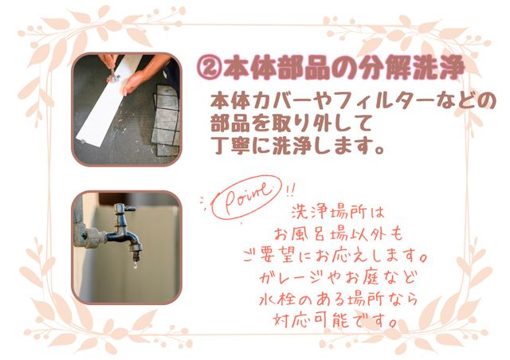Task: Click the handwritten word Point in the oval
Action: click(246, 197)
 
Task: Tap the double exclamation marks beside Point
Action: click(290, 190)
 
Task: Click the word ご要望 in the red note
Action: click(270, 256)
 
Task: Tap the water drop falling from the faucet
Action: click(135, 266)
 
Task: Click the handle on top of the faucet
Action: click(124, 209)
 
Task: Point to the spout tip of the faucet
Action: click(136, 256)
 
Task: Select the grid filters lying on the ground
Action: click(166, 120)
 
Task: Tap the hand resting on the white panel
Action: click(133, 83)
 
